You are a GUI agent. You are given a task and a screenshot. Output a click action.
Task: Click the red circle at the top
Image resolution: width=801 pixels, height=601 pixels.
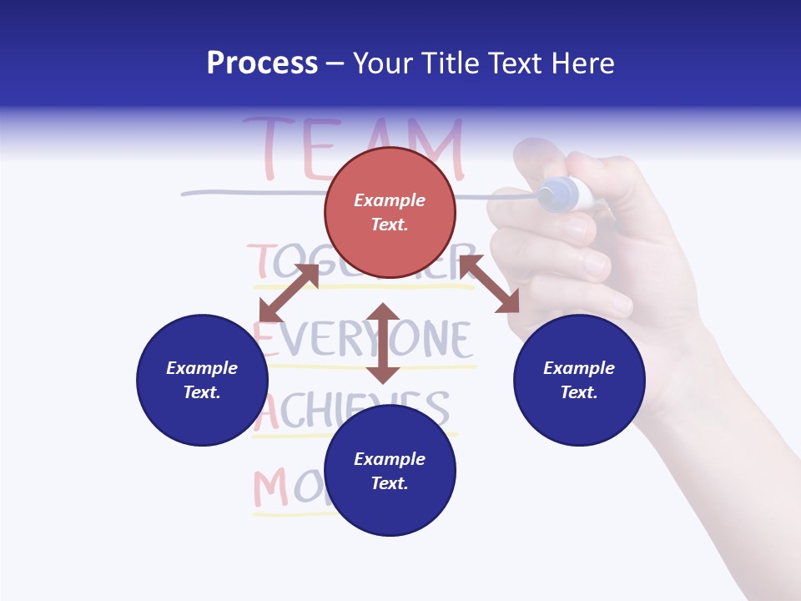[390, 213]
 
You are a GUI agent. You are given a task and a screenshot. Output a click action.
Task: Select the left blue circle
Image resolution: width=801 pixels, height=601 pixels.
[202, 380]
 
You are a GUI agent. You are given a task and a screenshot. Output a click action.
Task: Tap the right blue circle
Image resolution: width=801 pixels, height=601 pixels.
[579, 380]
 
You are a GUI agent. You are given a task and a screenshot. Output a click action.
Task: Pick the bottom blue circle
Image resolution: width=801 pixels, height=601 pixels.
[390, 471]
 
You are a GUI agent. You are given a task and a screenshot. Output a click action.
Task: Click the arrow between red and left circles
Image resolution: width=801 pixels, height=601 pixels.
[289, 293]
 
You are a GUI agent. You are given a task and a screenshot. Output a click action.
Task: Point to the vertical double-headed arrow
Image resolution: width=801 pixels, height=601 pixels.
[383, 343]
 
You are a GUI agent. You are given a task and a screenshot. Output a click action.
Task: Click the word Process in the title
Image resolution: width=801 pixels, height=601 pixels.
[262, 63]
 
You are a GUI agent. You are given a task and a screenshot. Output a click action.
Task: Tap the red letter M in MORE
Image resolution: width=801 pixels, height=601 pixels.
[270, 489]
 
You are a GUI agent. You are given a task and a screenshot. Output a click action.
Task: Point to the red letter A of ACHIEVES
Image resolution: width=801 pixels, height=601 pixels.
[265, 412]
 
